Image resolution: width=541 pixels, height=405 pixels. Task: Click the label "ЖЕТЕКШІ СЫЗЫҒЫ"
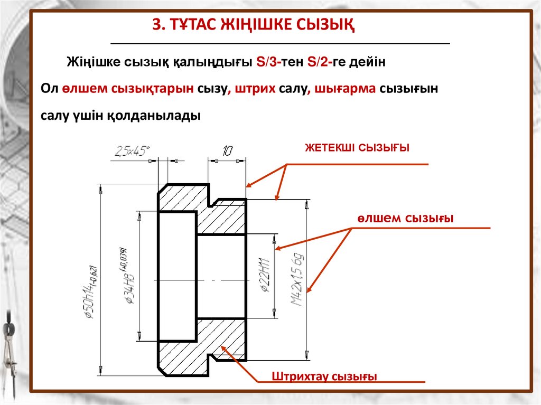[x=357, y=147]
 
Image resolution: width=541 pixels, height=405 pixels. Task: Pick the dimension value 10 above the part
[x=227, y=151]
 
